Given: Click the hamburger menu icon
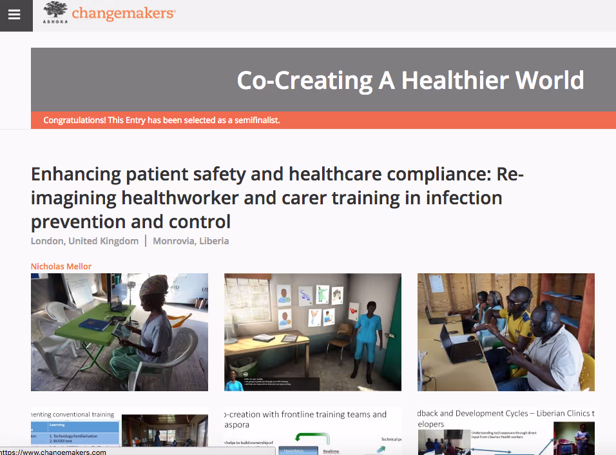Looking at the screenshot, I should coord(14,15).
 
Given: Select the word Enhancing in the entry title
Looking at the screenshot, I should coord(76,174).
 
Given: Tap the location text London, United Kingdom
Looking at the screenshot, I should coord(84,241).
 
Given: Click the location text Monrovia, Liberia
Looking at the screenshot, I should coord(191,241).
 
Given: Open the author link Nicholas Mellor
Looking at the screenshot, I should coord(61,266).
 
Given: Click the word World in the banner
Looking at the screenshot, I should coord(552,81).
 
